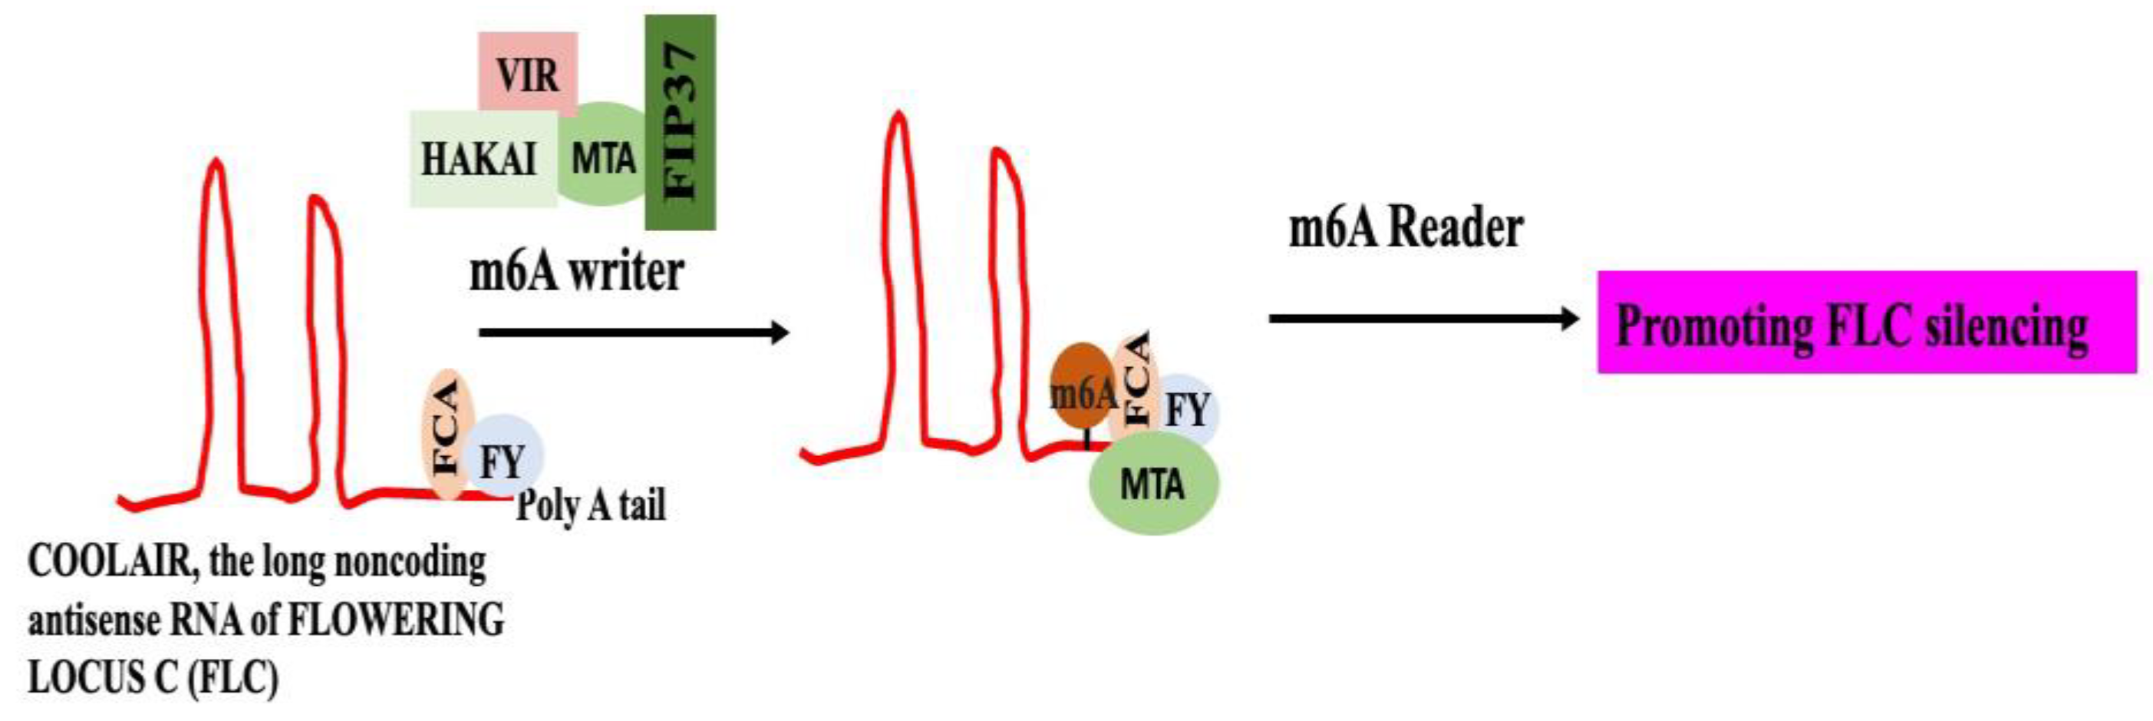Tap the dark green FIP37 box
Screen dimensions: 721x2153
(681, 122)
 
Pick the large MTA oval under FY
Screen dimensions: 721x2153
(1153, 484)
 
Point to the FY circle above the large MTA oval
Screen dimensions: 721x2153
(1188, 410)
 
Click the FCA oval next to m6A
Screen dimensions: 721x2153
(1136, 381)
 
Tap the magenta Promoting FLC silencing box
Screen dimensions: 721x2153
(1866, 322)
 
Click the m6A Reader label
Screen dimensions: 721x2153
(1406, 227)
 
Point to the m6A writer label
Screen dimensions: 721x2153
(577, 272)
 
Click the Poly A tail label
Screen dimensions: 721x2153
(591, 504)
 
